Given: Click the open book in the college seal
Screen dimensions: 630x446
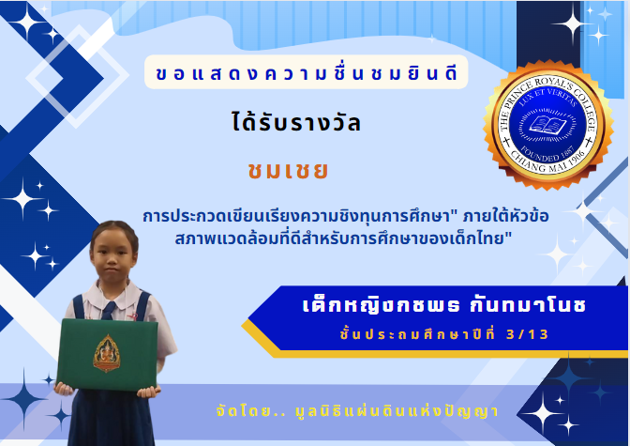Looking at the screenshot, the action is click(547, 124).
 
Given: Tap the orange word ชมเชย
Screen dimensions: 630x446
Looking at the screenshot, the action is click(288, 170).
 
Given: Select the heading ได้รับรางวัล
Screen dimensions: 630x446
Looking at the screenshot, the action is click(296, 122).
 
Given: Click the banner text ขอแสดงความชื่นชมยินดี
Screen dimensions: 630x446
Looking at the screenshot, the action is click(307, 73).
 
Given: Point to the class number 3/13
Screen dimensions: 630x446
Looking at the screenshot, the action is click(527, 334).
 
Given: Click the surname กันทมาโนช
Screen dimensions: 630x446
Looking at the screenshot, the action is click(528, 305).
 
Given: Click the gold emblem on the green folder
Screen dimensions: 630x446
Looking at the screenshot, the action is click(107, 353).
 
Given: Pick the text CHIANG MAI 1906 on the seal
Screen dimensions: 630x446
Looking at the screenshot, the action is click(548, 161).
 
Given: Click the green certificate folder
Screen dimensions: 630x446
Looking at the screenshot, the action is click(107, 355).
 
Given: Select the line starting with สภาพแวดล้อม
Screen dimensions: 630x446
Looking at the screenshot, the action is click(343, 238).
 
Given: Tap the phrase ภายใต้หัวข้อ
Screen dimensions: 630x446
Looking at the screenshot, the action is click(505, 216).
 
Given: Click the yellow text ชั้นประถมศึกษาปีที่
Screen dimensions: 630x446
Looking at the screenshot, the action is click(417, 334).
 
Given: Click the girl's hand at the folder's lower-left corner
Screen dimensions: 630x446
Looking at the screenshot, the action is click(65, 389).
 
